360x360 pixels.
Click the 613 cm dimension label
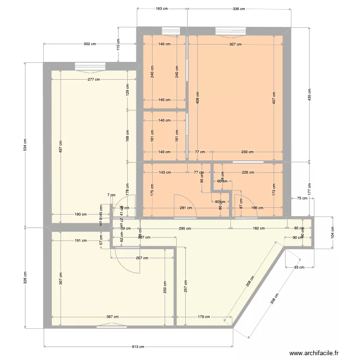point(138,347)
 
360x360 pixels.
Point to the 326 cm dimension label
point(25,277)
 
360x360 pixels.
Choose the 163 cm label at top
point(162,9)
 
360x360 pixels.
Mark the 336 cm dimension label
point(239,9)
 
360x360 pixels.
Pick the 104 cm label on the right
point(332,232)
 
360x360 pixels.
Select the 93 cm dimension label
point(299,267)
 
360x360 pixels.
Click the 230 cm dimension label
point(247,152)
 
